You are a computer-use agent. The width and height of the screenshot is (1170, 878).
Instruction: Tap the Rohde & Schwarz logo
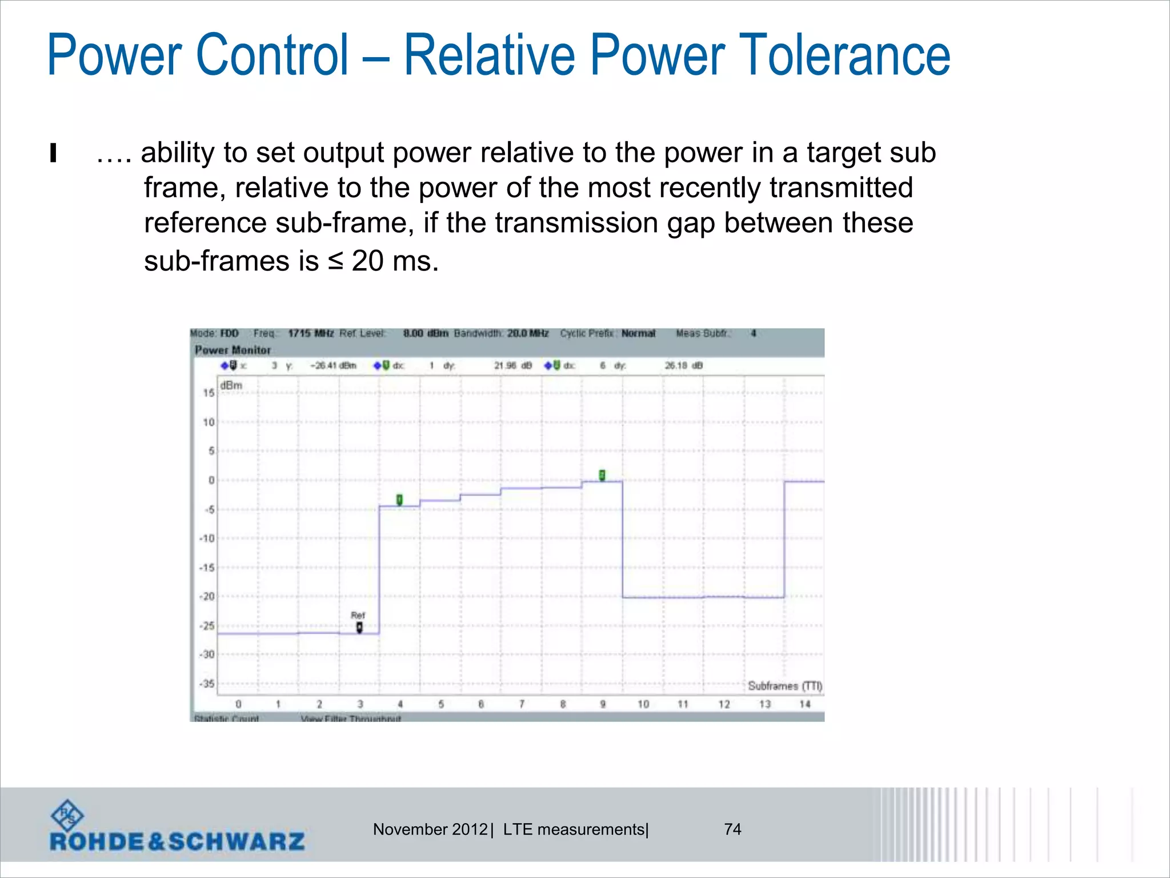[177, 827]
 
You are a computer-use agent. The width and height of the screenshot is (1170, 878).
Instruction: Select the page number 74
[732, 829]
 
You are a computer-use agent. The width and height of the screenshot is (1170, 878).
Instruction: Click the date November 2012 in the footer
[430, 829]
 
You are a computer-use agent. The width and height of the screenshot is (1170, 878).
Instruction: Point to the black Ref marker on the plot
[359, 628]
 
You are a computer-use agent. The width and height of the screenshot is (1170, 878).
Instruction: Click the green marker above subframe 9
[602, 475]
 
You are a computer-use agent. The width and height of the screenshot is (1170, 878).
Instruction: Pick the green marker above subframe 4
[399, 500]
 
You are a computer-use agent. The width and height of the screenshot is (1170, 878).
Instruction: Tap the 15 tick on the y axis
[209, 393]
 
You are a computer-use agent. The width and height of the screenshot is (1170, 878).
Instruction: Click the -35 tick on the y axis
[207, 684]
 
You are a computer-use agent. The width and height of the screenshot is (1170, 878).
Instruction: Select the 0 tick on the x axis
[238, 704]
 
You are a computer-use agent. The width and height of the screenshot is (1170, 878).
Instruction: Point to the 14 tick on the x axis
[805, 704]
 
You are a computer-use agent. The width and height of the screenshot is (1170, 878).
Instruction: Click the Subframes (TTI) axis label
[785, 686]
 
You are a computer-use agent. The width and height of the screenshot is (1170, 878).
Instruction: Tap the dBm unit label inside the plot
[231, 386]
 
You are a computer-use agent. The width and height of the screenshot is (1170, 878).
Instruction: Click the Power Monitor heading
[233, 350]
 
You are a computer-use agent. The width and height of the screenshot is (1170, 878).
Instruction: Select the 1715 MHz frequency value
[311, 333]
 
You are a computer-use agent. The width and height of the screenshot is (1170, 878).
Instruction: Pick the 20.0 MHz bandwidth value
[528, 333]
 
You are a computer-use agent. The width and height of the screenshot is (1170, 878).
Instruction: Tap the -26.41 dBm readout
[333, 365]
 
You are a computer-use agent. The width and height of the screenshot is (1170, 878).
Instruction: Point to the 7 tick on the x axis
[522, 704]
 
